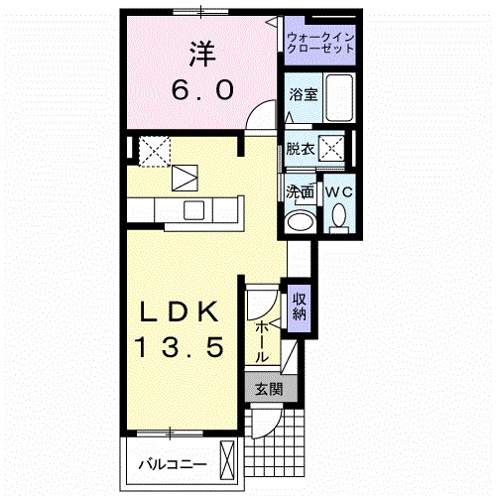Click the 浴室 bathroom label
[302, 96]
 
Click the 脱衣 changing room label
[300, 150]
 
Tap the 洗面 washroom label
[301, 191]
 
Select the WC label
[338, 190]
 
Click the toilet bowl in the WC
[338, 215]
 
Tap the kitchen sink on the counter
[193, 211]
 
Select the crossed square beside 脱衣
[336, 150]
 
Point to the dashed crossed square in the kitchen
[153, 151]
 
